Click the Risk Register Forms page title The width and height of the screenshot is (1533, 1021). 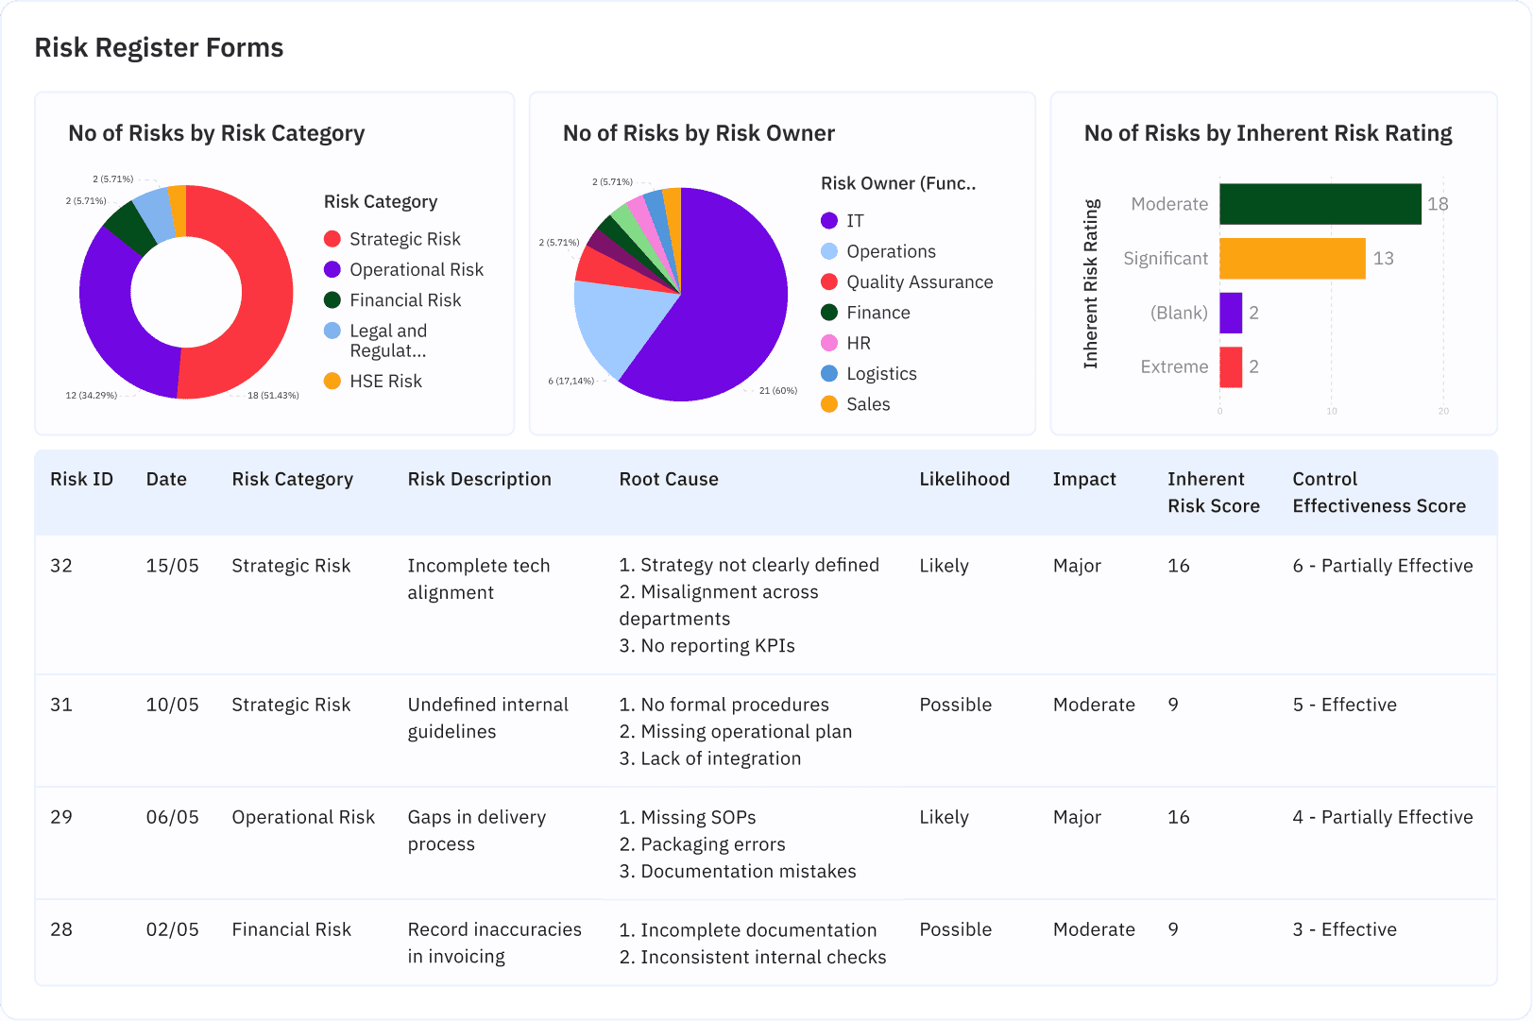(x=159, y=47)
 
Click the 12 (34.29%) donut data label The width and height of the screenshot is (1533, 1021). (x=91, y=396)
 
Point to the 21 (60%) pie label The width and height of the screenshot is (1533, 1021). (x=777, y=390)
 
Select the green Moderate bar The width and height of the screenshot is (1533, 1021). (x=1320, y=204)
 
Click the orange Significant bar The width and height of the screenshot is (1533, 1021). (x=1291, y=259)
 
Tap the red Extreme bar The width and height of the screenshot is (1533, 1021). (x=1230, y=367)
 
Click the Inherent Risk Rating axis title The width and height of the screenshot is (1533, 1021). (x=1091, y=283)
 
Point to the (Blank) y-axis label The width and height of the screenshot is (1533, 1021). (x=1178, y=313)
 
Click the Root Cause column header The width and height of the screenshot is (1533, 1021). (x=668, y=479)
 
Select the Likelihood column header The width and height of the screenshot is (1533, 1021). (x=963, y=479)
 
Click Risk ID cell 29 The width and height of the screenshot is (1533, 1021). (x=61, y=817)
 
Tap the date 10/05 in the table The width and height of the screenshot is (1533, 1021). (x=172, y=705)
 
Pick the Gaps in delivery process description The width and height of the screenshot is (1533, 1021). (x=476, y=830)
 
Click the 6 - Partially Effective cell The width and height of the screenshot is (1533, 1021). (x=1382, y=566)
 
